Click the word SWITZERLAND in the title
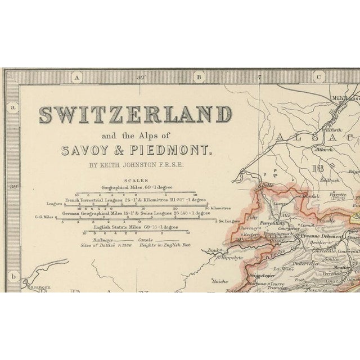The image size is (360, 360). point(135,116)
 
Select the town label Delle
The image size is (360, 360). point(265,186)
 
